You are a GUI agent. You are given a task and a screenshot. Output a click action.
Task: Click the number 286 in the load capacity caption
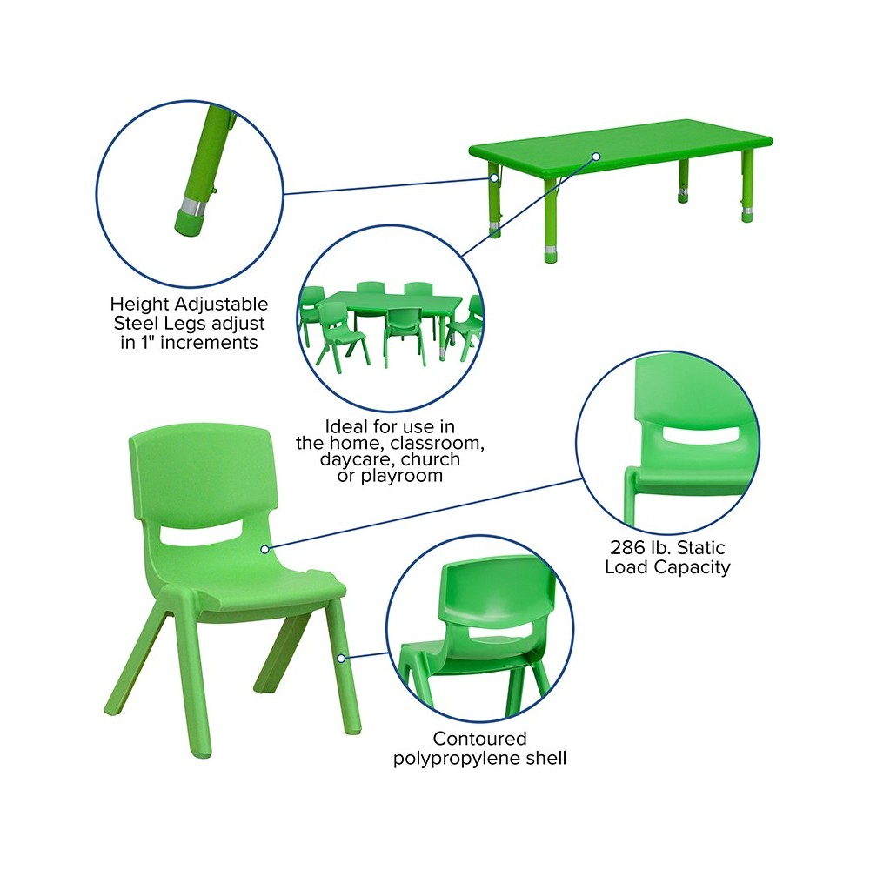pos(625,547)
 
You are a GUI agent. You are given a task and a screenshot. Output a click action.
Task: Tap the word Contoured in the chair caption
pos(480,739)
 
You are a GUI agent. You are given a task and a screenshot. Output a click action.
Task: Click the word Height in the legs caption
pos(139,304)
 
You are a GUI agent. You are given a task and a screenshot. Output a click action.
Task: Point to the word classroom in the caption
pos(435,444)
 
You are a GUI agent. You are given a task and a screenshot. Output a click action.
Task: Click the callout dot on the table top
pos(596,157)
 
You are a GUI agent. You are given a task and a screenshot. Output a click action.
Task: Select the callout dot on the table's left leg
pos(493,178)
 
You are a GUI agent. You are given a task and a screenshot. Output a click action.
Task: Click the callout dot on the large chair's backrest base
pos(264,549)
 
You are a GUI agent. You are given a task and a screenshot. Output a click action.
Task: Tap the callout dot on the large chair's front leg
pos(341,658)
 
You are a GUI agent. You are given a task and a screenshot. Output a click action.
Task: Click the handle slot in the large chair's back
pos(197,535)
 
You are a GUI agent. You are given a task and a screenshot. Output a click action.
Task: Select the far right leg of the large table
pos(748,186)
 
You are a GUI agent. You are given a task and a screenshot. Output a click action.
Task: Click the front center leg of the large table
pos(551,221)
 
